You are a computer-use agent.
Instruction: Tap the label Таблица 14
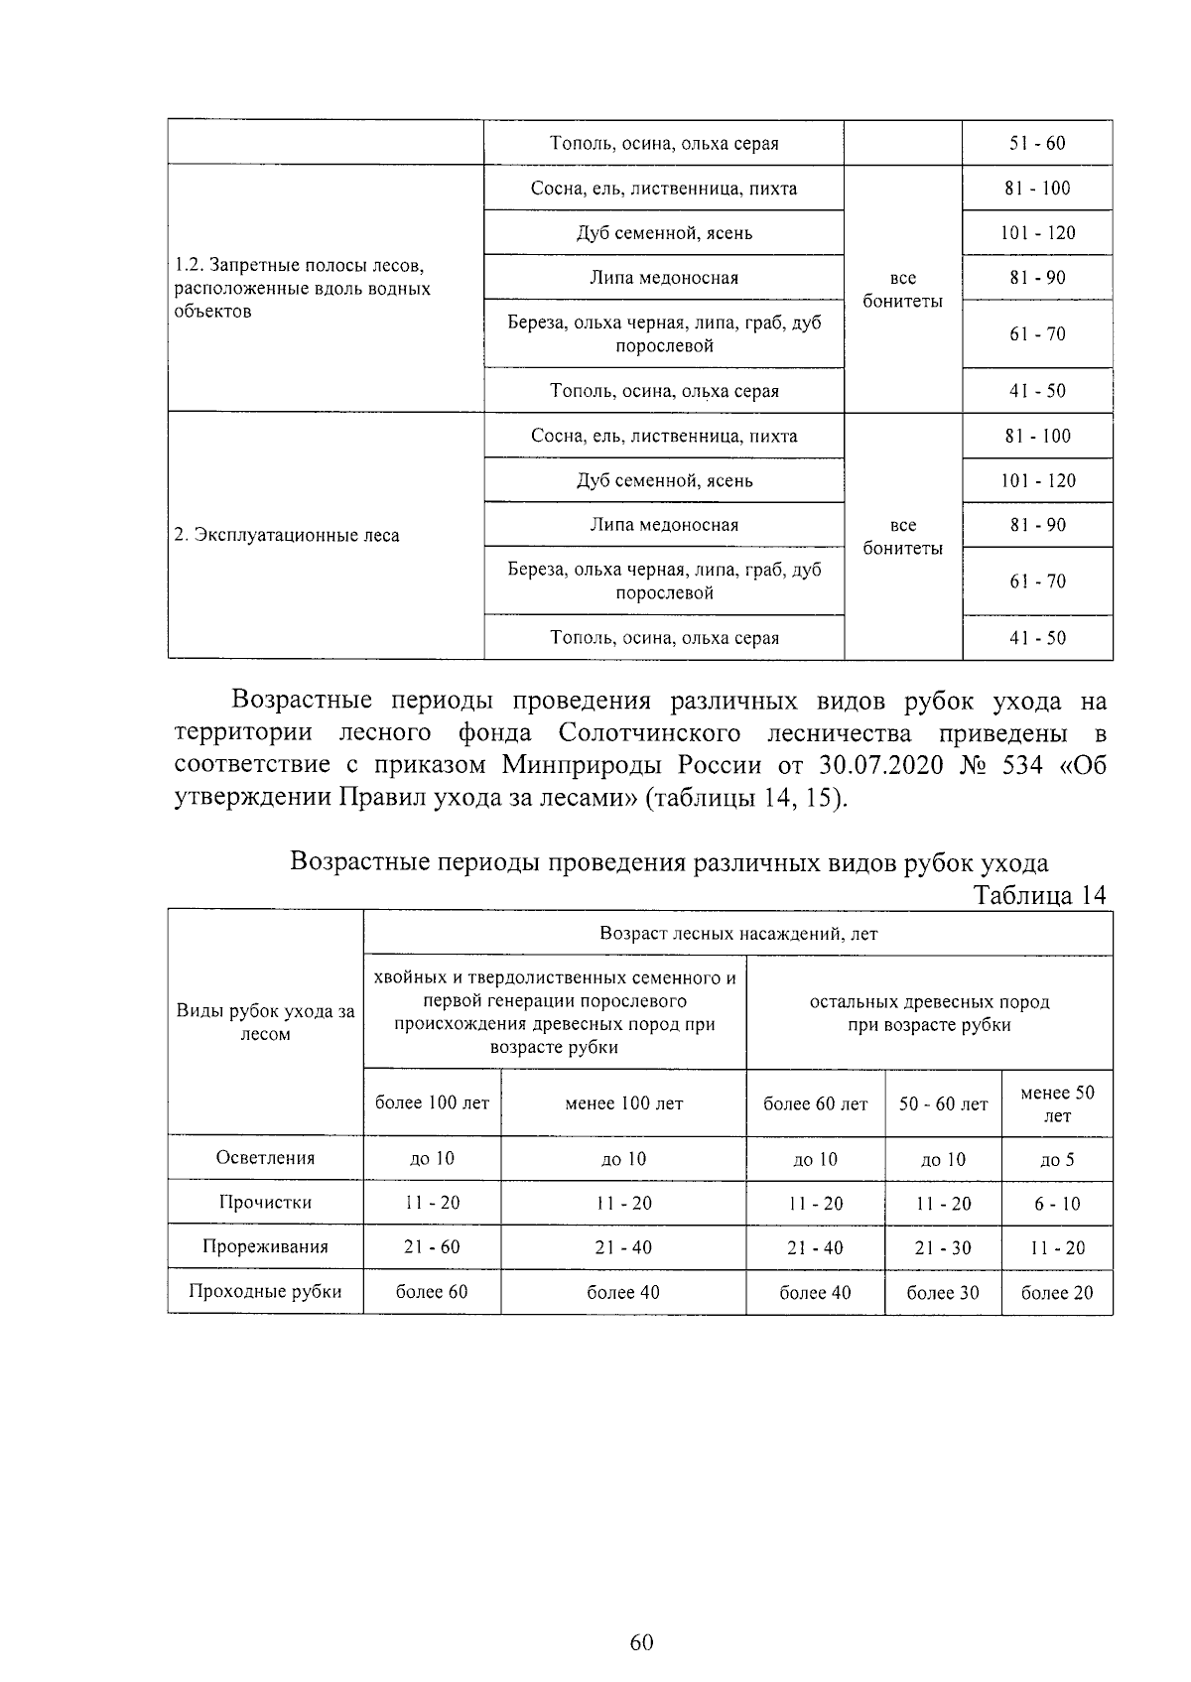coord(1039,894)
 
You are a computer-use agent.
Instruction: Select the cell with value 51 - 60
coord(1037,143)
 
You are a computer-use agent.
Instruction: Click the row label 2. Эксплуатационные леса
coord(287,535)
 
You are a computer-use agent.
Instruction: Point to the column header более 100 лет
coord(432,1102)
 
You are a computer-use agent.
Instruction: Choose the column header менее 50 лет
coord(1057,1103)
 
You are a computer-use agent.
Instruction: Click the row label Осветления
coord(265,1157)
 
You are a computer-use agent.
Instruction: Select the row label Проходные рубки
coord(265,1291)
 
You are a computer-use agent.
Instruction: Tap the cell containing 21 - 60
coord(432,1246)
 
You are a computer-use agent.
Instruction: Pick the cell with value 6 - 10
coord(1057,1203)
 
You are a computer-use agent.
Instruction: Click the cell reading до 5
coord(1057,1158)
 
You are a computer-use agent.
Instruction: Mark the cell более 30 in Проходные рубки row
coord(943,1292)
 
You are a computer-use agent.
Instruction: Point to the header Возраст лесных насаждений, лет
coord(738,933)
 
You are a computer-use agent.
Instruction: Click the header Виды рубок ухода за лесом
coord(265,1022)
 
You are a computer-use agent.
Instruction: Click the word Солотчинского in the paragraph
coord(649,732)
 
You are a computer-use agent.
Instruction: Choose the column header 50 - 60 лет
coord(943,1103)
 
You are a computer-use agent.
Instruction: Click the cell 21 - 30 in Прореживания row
coord(943,1247)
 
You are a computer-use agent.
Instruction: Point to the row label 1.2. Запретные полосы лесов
coord(299,267)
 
